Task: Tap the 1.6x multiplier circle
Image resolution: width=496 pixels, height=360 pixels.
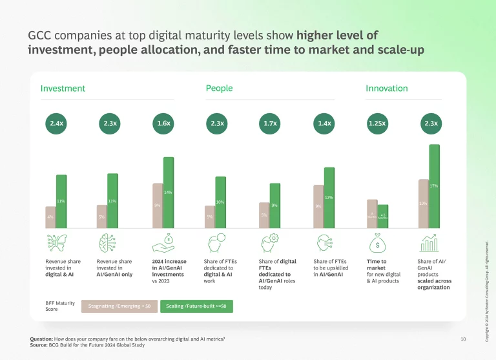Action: point(163,123)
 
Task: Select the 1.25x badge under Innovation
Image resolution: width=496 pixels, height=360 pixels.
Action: point(377,123)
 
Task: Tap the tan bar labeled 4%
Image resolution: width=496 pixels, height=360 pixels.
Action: point(50,217)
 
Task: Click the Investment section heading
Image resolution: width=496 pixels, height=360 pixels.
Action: point(63,89)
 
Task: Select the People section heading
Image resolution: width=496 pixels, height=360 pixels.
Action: point(219,89)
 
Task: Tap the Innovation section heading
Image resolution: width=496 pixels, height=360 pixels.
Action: point(386,89)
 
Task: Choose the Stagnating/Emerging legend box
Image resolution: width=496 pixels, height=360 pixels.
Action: point(119,306)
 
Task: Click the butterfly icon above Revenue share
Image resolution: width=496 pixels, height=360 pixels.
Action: point(56,244)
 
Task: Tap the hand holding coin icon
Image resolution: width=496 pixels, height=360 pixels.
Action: point(163,244)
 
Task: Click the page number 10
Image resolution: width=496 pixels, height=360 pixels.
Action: point(462,339)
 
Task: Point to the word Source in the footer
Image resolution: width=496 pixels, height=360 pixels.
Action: point(39,344)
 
